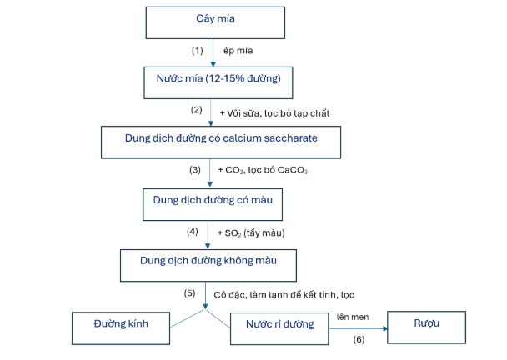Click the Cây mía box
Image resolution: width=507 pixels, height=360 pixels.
pos(215,22)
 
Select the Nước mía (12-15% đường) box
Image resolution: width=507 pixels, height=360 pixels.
pos(218,82)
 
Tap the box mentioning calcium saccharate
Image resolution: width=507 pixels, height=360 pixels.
pos(221,142)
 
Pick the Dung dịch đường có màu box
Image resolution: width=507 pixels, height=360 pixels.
pos(213,204)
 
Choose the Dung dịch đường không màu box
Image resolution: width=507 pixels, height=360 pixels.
pos(208,265)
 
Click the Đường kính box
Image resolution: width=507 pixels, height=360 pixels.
pos(121,328)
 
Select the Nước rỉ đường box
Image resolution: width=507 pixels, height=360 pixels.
pos(279,328)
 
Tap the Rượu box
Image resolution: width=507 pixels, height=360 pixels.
pos(426,327)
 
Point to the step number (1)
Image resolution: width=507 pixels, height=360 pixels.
pos(198,51)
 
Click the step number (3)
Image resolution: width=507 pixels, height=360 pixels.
pos(195,170)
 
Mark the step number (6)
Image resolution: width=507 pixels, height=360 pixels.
pos(359,339)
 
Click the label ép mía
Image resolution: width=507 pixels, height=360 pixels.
pos(238,51)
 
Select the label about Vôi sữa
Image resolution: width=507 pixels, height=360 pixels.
pos(274,113)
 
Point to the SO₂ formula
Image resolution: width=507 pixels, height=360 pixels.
pos(233,233)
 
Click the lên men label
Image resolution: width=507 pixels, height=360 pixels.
pos(353,317)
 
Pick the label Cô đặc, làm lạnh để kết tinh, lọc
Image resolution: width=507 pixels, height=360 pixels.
pos(284,295)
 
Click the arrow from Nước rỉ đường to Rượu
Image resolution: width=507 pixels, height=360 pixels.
pos(359,328)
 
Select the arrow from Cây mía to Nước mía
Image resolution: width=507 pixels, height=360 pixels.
pos(213,53)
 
